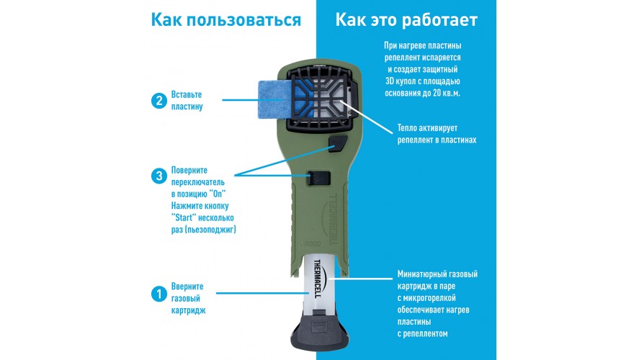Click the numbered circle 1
point(159,294)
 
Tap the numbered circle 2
point(159,101)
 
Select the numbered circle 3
point(159,176)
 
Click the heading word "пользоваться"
point(243,19)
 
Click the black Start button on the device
point(339,144)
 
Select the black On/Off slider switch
point(318,178)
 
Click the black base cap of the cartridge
point(320,329)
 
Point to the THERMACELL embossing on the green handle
point(334,220)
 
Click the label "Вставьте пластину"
point(187,101)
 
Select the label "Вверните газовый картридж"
point(188,298)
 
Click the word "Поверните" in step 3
point(189,170)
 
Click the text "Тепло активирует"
point(427,128)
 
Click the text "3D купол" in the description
point(402,81)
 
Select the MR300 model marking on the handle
point(311,243)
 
